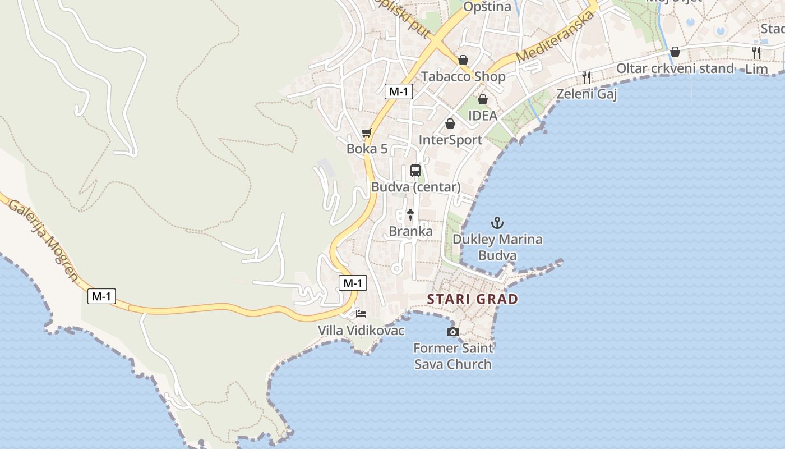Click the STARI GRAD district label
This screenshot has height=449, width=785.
coord(473,299)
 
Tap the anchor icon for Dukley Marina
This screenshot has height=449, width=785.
coord(497,223)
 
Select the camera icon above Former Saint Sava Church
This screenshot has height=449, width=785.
coord(452,332)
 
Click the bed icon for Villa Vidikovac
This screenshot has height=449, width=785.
coord(361,313)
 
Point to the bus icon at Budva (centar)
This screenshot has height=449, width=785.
coord(415,170)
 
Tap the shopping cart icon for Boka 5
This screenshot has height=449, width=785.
coord(367,132)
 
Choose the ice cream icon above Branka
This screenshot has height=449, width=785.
coord(410,214)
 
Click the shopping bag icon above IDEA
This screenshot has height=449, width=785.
coord(482,99)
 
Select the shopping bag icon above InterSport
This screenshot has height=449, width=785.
coord(450,123)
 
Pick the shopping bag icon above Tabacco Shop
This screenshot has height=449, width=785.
coord(463,59)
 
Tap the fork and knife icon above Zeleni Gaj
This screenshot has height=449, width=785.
coord(587,77)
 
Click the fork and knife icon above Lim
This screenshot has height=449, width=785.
coord(756,53)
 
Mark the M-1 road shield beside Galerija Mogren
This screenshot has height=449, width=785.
coord(101,296)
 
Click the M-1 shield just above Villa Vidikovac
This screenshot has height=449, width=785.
coord(353,283)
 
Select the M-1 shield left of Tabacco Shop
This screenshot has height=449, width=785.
coord(399,91)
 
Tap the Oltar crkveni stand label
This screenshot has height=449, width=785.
coord(675,68)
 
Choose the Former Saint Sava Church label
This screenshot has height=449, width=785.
coord(453,356)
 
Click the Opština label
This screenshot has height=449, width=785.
coord(487,7)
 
